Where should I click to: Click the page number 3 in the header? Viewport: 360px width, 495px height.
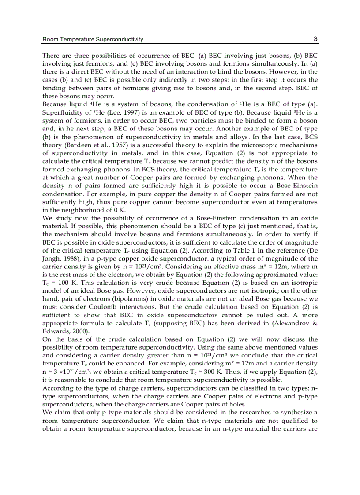(316, 39)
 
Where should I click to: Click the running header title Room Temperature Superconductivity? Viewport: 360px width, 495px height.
(93, 40)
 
